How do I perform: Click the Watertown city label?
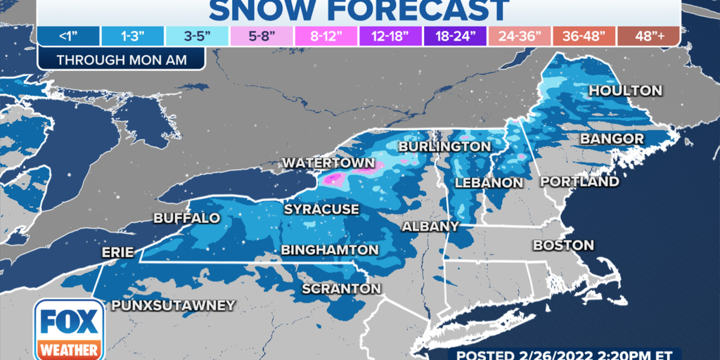click(x=328, y=163)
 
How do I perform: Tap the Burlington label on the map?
click(x=444, y=146)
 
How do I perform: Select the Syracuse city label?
click(x=321, y=210)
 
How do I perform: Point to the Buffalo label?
click(x=186, y=219)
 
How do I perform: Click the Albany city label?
click(x=430, y=226)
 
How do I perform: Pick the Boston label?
click(x=563, y=245)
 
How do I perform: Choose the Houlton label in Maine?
click(x=625, y=91)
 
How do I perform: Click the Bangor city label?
click(x=612, y=139)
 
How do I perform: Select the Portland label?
click(x=579, y=182)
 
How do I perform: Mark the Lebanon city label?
click(x=489, y=183)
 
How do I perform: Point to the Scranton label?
click(x=341, y=289)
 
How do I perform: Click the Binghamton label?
click(x=330, y=250)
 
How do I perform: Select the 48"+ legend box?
click(x=650, y=36)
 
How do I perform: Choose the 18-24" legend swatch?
click(x=461, y=36)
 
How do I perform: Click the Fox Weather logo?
click(x=69, y=329)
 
